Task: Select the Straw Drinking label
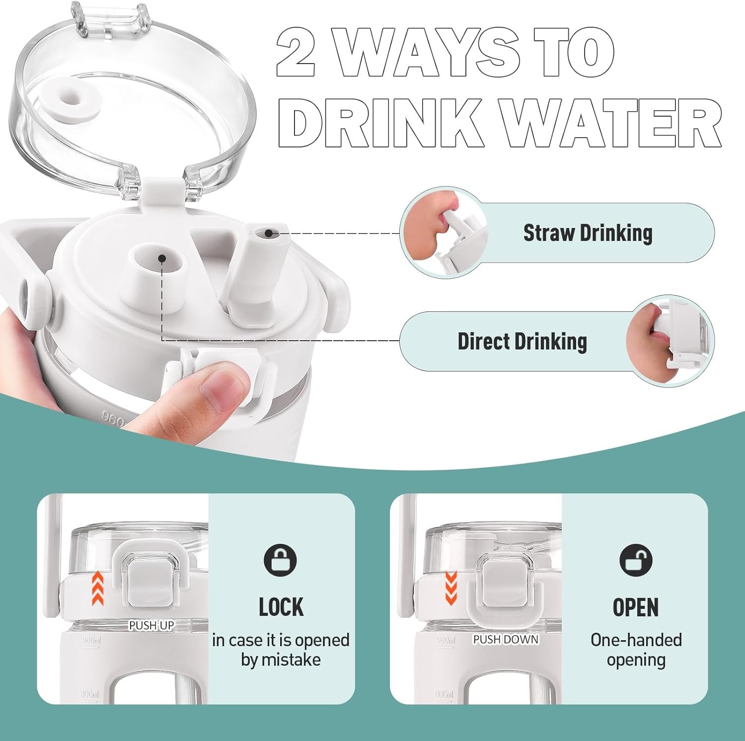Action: click(588, 232)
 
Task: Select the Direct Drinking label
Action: click(522, 341)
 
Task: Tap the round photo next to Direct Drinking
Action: click(670, 341)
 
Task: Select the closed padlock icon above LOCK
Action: click(280, 560)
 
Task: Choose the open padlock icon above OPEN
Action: click(636, 560)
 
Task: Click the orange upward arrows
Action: click(98, 588)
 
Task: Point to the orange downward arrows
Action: click(450, 588)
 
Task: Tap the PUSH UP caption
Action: click(151, 625)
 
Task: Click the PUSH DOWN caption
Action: click(506, 639)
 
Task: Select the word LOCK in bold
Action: click(281, 607)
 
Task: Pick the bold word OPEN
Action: click(636, 607)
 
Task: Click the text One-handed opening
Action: click(636, 650)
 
